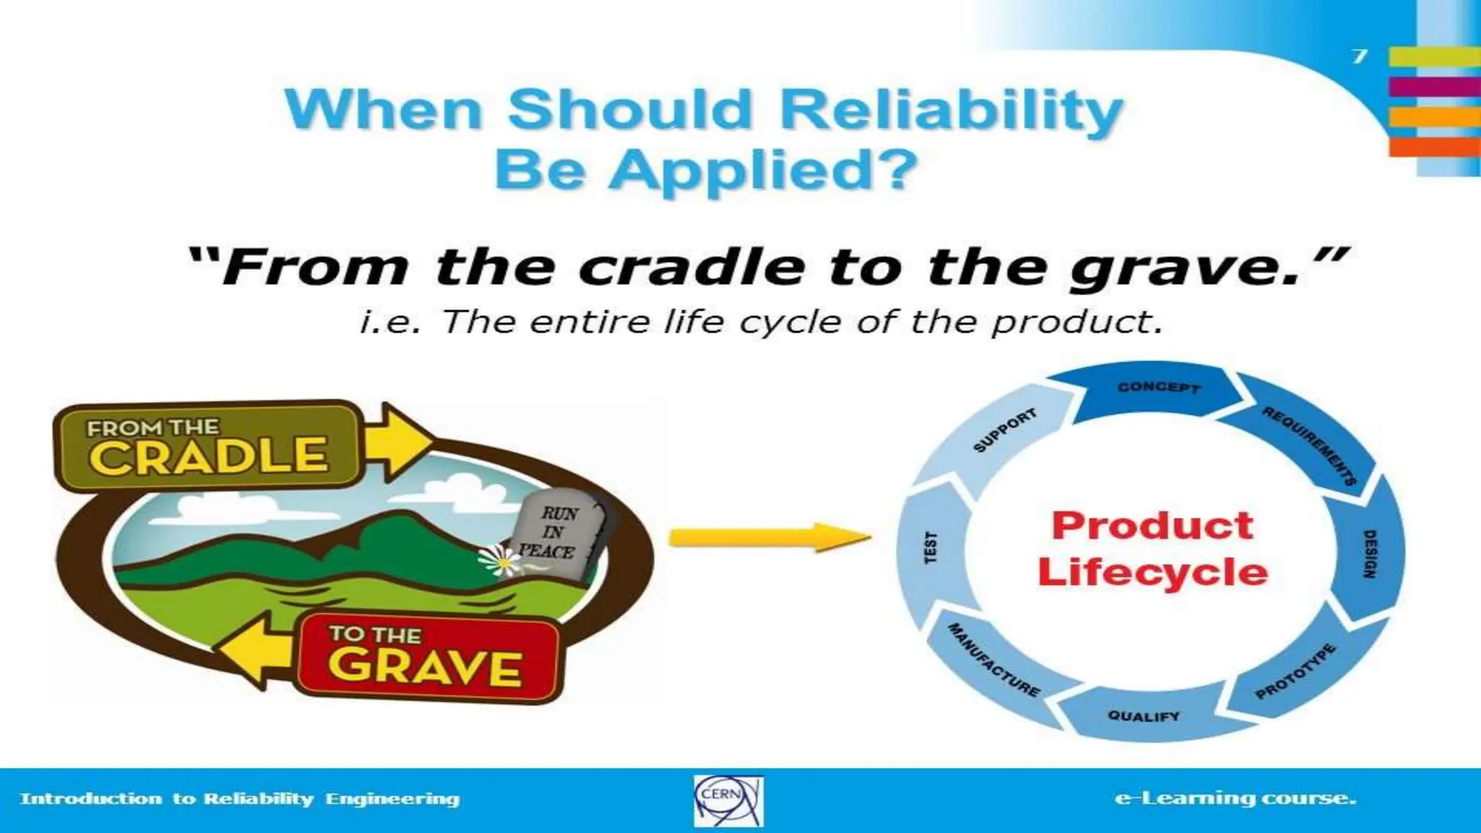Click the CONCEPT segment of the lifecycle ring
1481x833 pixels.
click(x=1158, y=388)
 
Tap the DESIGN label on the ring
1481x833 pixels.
click(x=1368, y=554)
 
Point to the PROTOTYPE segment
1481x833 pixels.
click(x=1294, y=671)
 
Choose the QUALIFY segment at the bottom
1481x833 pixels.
click(x=1144, y=716)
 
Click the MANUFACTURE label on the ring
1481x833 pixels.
click(x=994, y=659)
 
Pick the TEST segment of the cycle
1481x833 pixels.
click(x=931, y=548)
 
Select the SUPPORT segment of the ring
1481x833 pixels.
click(x=1005, y=431)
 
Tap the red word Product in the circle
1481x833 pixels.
click(x=1153, y=526)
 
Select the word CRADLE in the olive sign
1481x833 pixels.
click(x=209, y=456)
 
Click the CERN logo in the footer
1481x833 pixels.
click(x=728, y=800)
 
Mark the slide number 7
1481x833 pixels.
click(x=1360, y=56)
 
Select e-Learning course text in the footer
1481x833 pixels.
click(x=1235, y=798)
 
